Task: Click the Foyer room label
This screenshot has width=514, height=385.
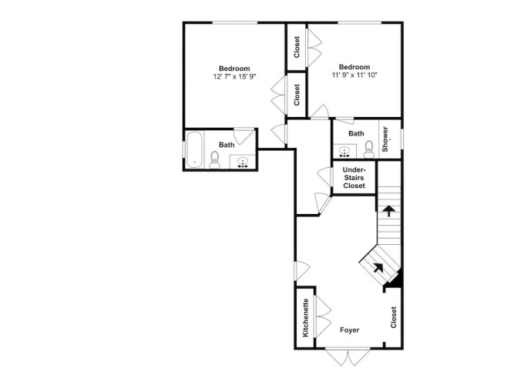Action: coord(349,330)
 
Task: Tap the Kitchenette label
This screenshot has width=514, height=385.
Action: coord(305,317)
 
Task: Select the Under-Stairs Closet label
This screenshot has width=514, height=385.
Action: coord(354,178)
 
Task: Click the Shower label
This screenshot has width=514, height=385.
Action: coord(385,139)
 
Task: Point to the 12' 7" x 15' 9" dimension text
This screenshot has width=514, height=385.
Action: coord(234,77)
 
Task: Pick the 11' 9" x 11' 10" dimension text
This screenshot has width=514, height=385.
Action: coord(354,75)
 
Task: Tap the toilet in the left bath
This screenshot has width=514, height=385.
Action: coord(215,160)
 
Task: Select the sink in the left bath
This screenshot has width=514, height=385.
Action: coord(243,162)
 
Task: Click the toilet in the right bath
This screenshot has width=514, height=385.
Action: coord(369,149)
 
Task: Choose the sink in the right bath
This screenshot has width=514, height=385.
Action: coord(344,152)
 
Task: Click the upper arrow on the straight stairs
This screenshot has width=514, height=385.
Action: coord(389,211)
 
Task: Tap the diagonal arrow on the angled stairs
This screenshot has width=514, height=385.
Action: coord(378,268)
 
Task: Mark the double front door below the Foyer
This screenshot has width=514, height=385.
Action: coord(348,357)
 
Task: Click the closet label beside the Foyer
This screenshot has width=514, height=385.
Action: coord(393,317)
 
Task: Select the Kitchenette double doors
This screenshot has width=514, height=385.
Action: coord(323,316)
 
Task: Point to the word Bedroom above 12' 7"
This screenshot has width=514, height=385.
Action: coord(234,69)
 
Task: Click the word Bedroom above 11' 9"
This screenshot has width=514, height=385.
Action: coord(354,67)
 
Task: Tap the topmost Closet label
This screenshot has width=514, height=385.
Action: coord(297,47)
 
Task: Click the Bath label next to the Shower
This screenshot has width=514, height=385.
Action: coord(356,133)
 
